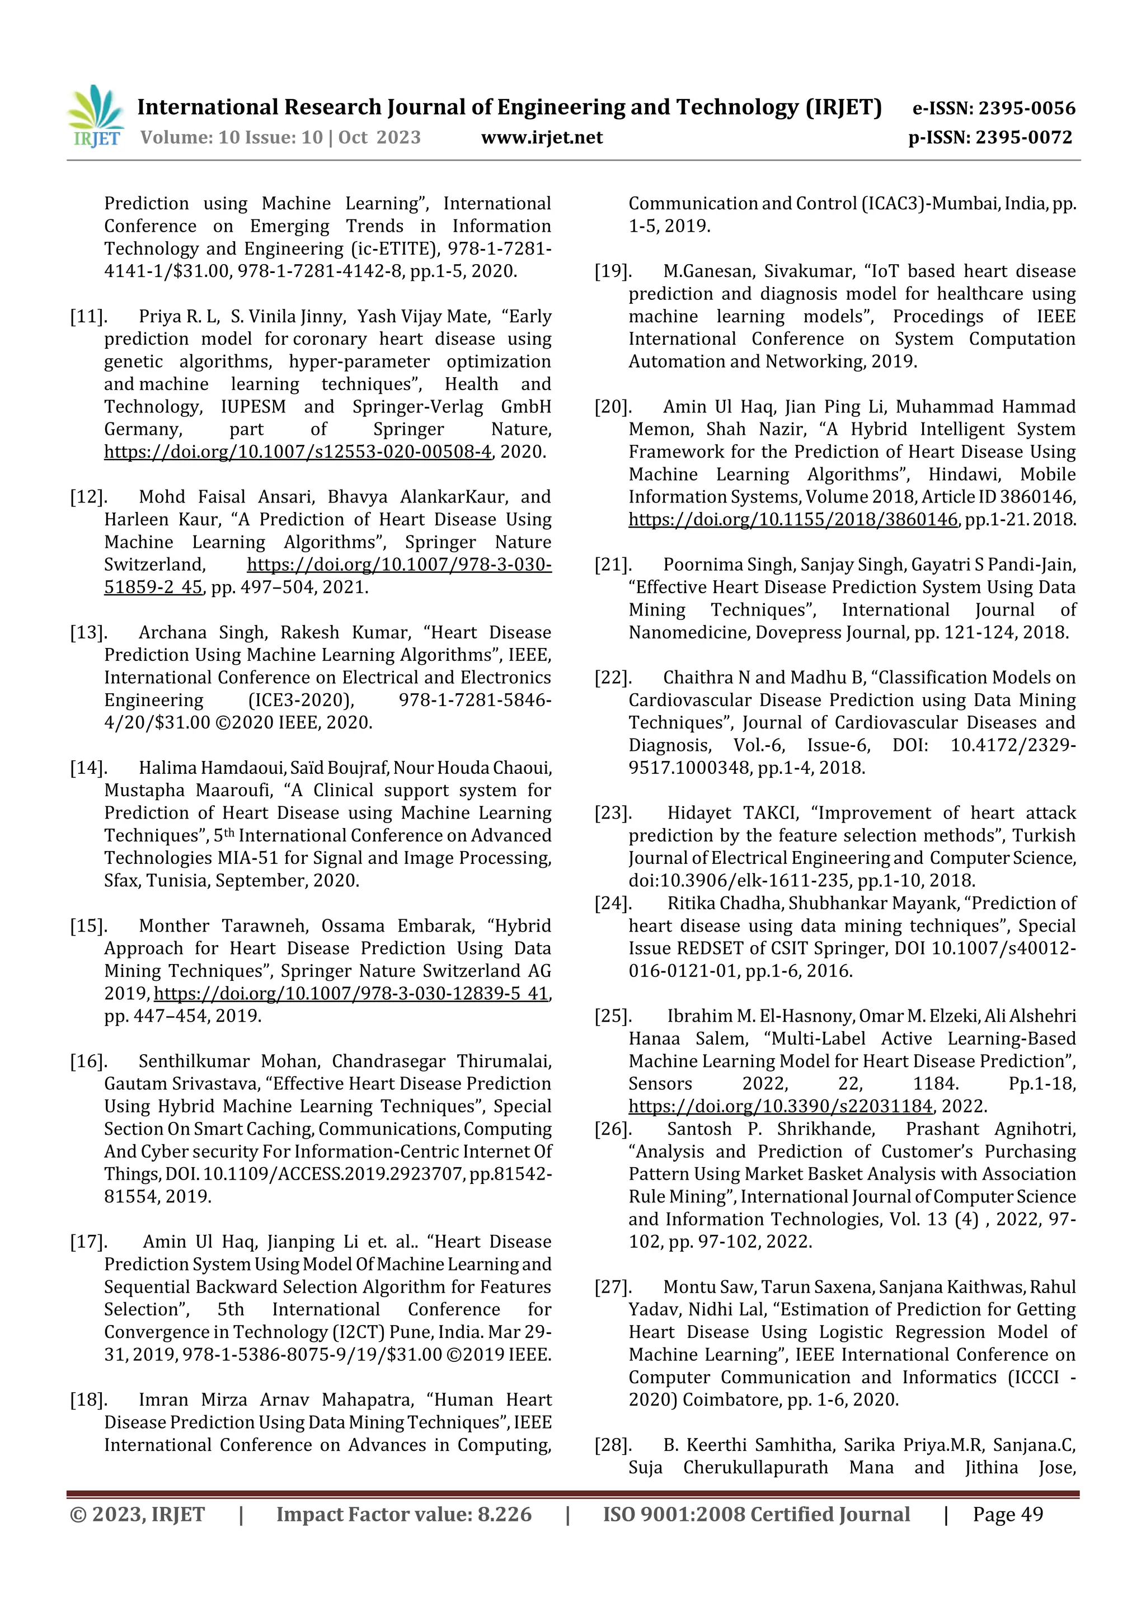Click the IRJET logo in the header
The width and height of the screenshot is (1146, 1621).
[95, 116]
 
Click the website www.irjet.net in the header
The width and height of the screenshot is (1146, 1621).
[542, 138]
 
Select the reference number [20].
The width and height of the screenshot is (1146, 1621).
[613, 407]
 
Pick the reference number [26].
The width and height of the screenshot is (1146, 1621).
[613, 1129]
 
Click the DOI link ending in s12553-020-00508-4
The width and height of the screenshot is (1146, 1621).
[297, 452]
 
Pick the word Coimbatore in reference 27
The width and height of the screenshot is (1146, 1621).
[729, 1400]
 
